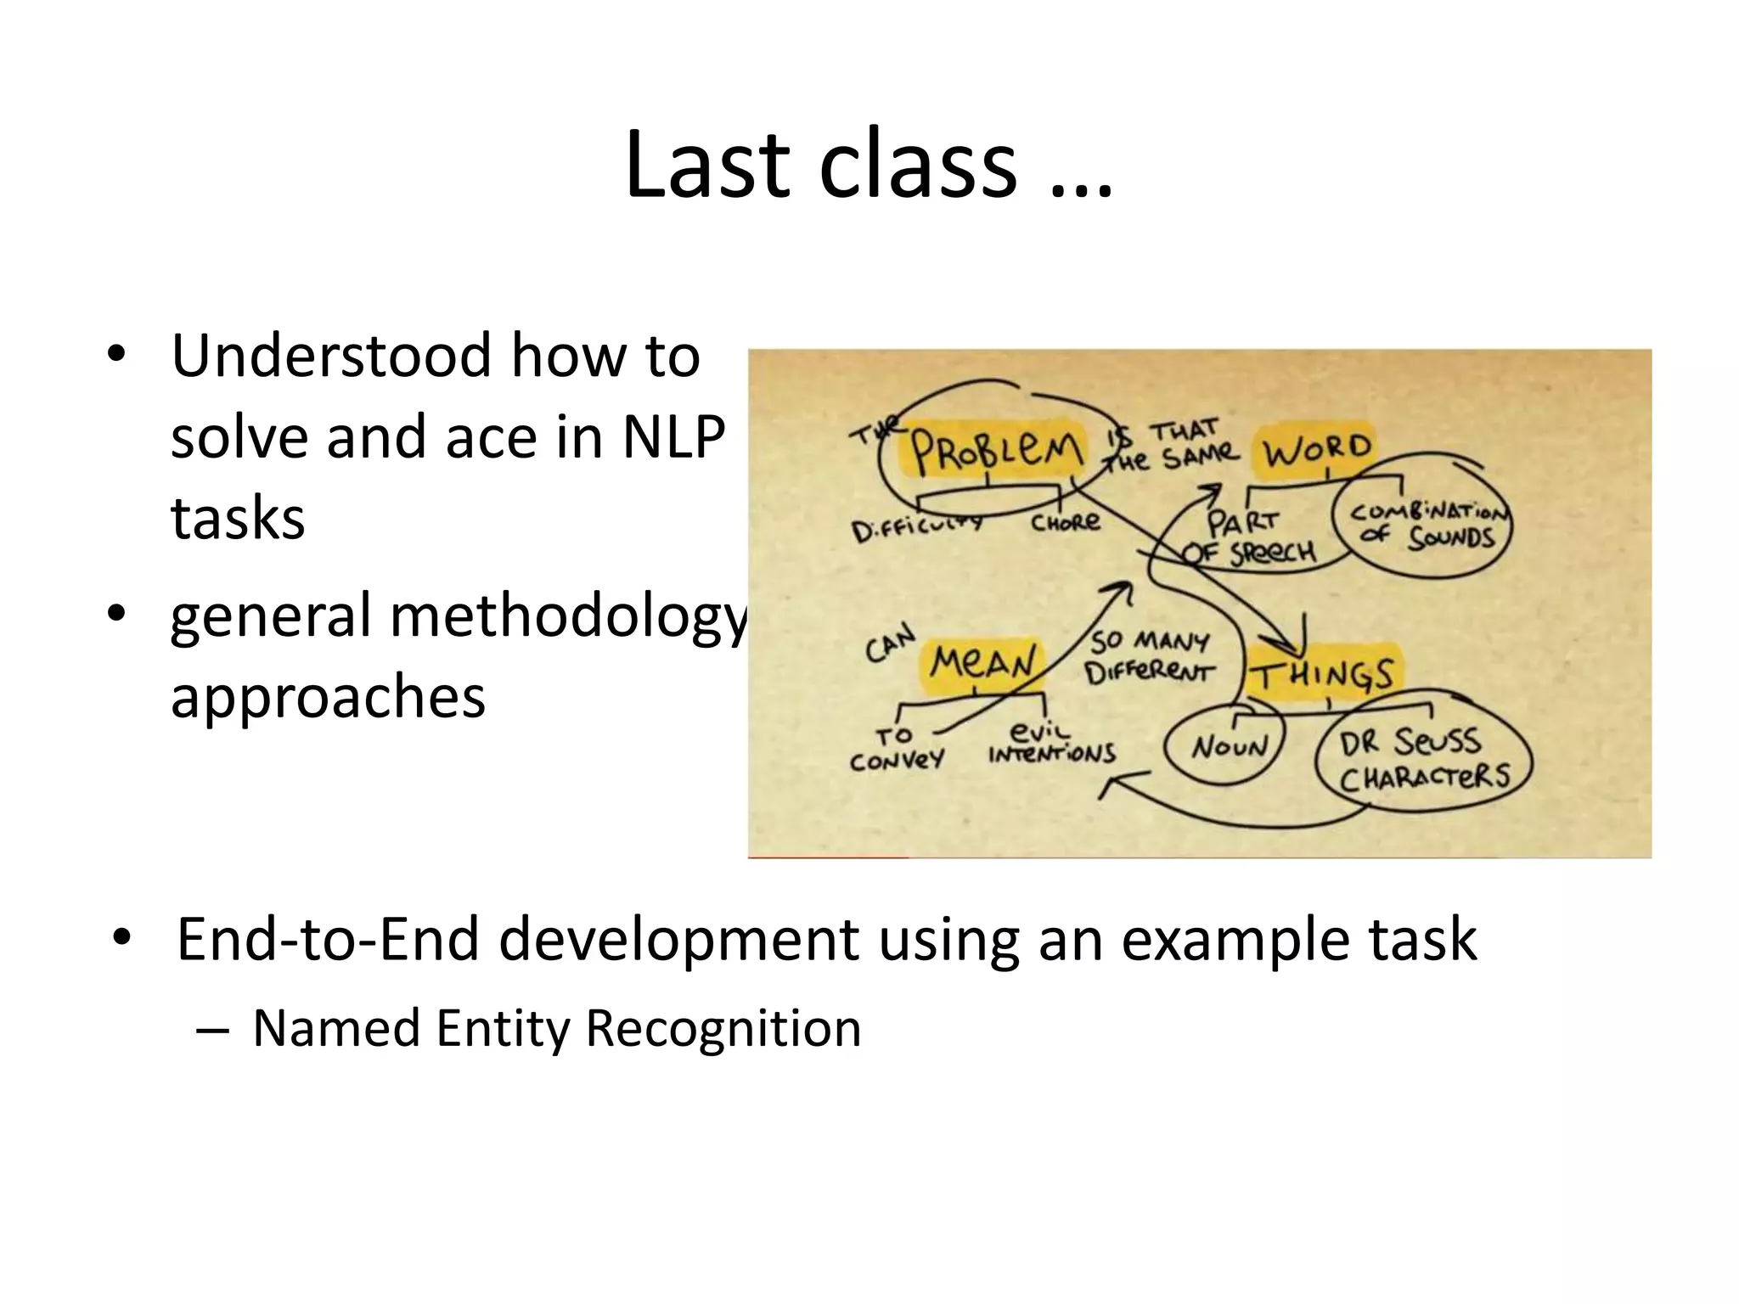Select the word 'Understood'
(330, 356)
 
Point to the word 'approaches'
(328, 697)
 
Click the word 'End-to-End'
(328, 940)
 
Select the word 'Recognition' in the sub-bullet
(723, 1028)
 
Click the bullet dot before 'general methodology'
(116, 613)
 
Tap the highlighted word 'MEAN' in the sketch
(982, 663)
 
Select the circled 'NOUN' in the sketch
(1229, 747)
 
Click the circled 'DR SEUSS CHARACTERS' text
(1424, 759)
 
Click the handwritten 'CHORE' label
(1066, 522)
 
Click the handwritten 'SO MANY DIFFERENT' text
(1150, 656)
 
